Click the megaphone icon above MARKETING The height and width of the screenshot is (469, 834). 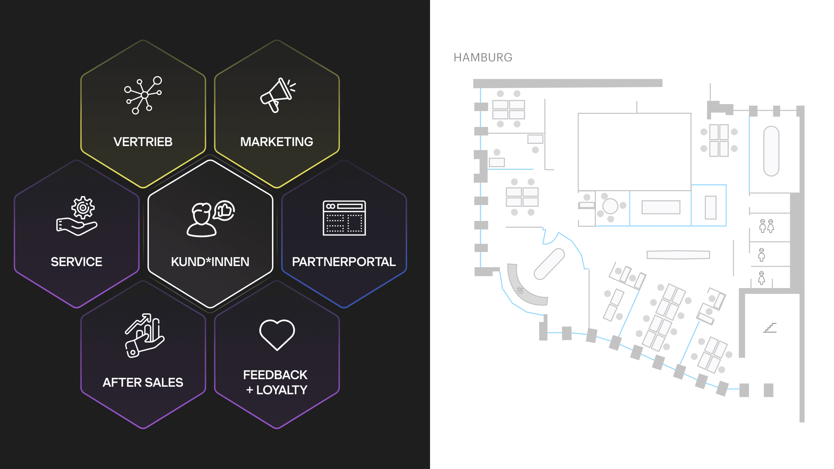coord(278,95)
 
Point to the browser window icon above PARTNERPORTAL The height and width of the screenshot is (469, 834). coord(344,218)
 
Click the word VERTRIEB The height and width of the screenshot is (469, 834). coord(143,142)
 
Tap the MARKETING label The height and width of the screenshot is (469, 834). coord(277,142)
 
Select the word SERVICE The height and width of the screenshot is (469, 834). coord(76,262)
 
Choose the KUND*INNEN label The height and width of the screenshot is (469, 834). coord(210,262)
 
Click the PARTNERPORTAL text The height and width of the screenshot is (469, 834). coord(344,262)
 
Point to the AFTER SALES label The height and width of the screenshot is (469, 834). coord(143,382)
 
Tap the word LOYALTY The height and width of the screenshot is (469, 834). coord(282,390)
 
